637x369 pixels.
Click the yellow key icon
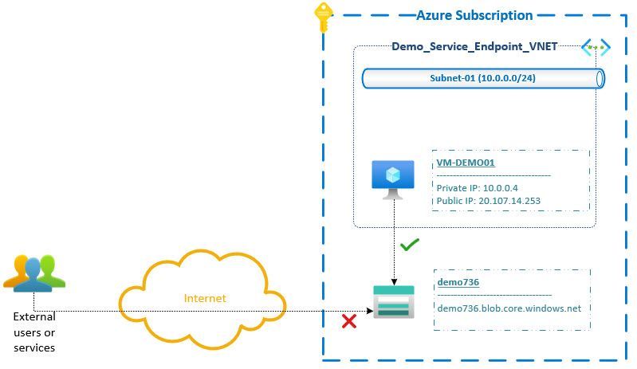pyautogui.click(x=323, y=17)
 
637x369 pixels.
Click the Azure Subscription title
pyautogui.click(x=474, y=15)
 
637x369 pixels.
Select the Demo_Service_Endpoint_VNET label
pyautogui.click(x=474, y=46)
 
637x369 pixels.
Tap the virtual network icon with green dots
pyautogui.click(x=595, y=48)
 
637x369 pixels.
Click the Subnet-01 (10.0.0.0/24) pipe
pyautogui.click(x=483, y=78)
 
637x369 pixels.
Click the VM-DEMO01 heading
pyautogui.click(x=466, y=163)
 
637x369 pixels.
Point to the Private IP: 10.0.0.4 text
pyautogui.click(x=478, y=188)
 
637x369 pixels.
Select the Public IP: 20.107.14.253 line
pyautogui.click(x=489, y=201)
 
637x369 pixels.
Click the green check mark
pyautogui.click(x=409, y=245)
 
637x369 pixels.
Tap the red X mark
pyautogui.click(x=348, y=321)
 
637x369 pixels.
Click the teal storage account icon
pyautogui.click(x=394, y=301)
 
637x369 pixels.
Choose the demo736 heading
pyautogui.click(x=458, y=282)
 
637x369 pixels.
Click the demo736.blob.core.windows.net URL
pyautogui.click(x=509, y=308)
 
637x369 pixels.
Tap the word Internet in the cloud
pyautogui.click(x=205, y=298)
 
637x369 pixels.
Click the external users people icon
pyautogui.click(x=33, y=272)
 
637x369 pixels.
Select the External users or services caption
pyautogui.click(x=34, y=332)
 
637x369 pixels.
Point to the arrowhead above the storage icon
pyautogui.click(x=394, y=281)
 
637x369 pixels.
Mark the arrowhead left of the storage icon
pyautogui.click(x=370, y=311)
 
